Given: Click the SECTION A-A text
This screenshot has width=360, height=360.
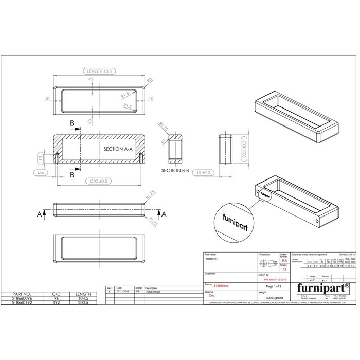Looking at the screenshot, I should pyautogui.click(x=118, y=149).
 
